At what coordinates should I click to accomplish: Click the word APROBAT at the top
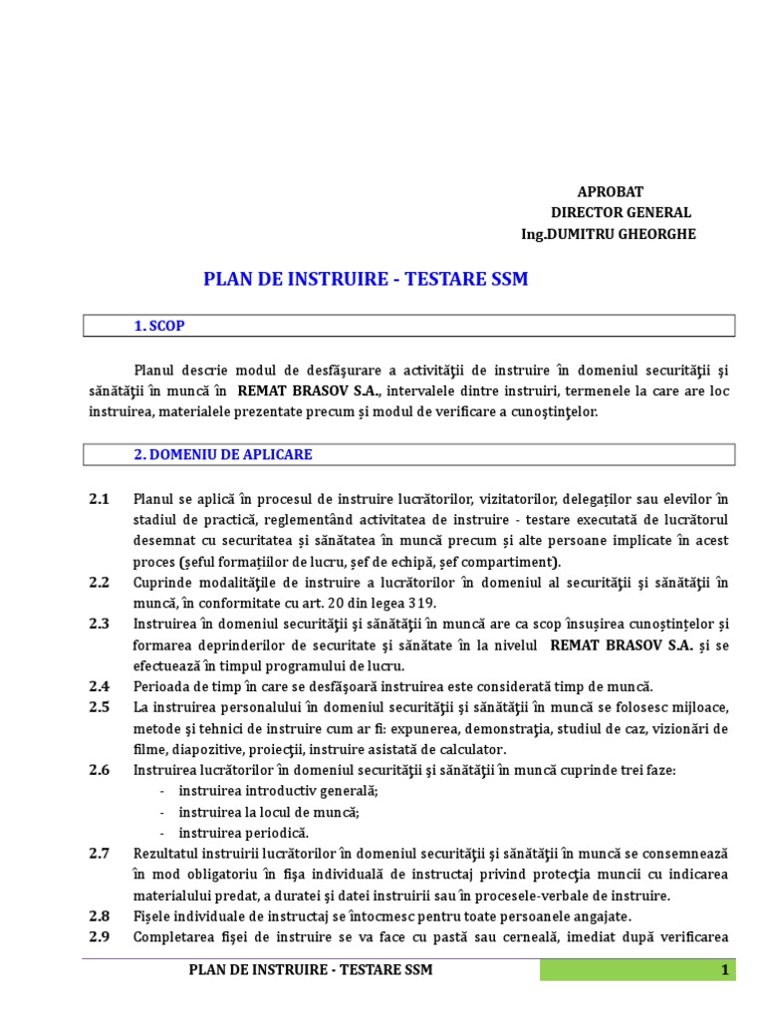coord(611,191)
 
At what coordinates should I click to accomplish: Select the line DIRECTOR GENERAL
coord(621,212)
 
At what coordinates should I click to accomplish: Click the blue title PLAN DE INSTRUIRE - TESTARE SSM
coord(366,280)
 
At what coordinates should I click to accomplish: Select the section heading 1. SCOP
coord(159,326)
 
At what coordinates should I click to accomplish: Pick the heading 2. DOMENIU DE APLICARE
coord(223,454)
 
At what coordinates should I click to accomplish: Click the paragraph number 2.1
coord(99,498)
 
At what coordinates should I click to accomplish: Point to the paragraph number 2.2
coord(99,582)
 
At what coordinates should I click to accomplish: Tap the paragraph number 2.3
coord(99,624)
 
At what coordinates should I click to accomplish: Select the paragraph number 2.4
coord(99,686)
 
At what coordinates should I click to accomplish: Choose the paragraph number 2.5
coord(99,707)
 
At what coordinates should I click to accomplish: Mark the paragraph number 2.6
coord(99,770)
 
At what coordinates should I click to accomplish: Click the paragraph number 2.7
coord(99,854)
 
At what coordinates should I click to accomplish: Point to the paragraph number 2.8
coord(99,915)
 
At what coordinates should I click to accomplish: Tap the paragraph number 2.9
coord(99,936)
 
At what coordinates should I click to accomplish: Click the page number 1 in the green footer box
coord(725,970)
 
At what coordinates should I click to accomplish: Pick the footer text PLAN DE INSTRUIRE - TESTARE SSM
coord(311,970)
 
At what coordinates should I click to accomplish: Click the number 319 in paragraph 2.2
coord(424,603)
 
